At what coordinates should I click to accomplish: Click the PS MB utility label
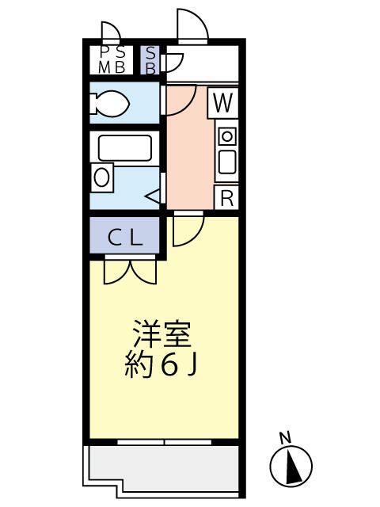click(x=111, y=60)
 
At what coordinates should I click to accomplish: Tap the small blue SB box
click(x=150, y=60)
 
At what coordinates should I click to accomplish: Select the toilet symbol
click(x=110, y=103)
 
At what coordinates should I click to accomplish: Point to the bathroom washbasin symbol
click(x=102, y=176)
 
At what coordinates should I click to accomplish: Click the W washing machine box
click(x=225, y=101)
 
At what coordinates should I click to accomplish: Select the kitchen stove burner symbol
click(x=226, y=136)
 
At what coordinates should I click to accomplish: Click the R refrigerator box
click(x=226, y=198)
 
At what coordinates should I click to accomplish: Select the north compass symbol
click(x=291, y=466)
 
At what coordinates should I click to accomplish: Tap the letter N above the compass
click(x=285, y=436)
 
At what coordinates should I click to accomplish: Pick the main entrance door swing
click(x=192, y=26)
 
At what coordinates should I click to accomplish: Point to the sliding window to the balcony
click(x=164, y=440)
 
